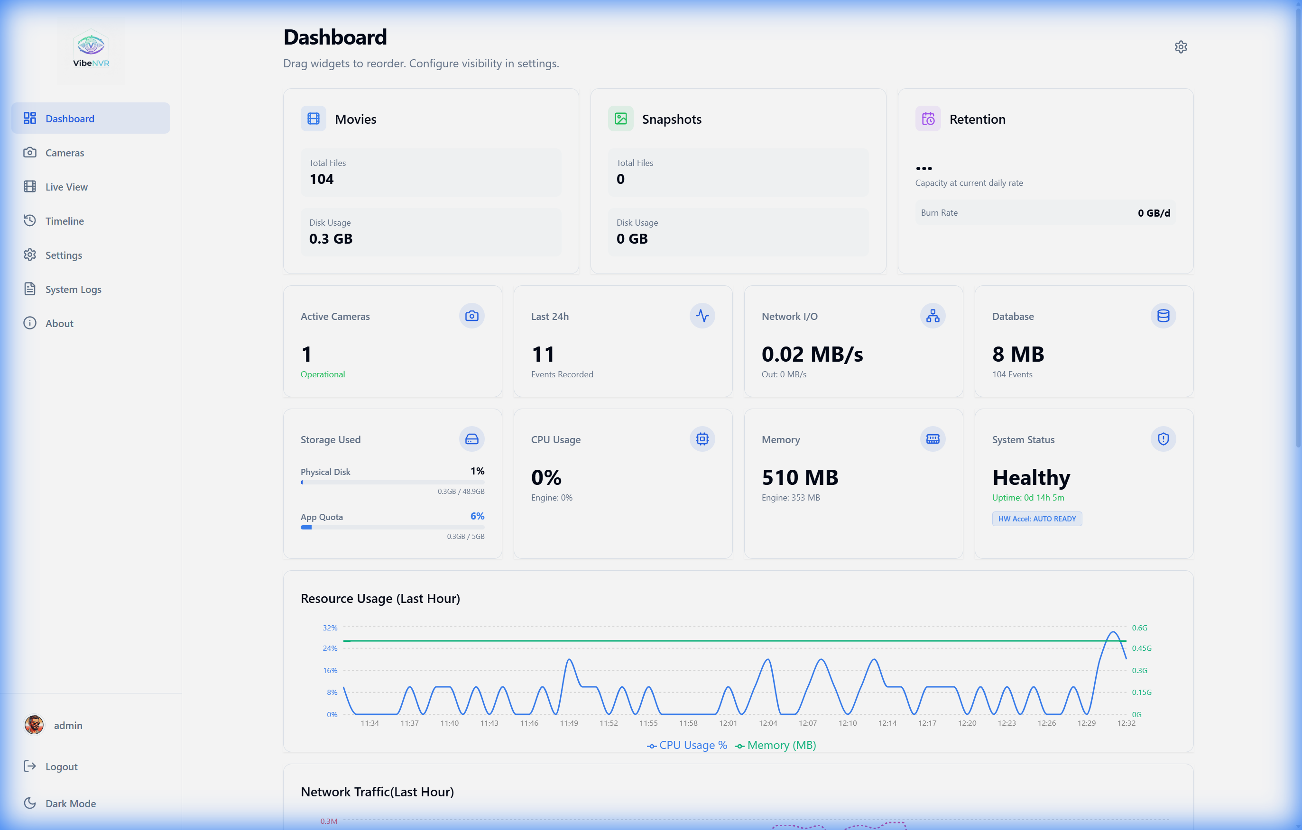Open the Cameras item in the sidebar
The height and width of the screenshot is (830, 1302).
coord(65,153)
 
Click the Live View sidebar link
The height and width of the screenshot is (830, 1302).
coord(66,187)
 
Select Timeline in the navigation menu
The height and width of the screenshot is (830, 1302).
coord(65,221)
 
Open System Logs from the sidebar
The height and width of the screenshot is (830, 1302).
coord(73,289)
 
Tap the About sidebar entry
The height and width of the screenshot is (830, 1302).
coord(59,323)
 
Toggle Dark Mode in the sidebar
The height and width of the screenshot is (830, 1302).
coord(70,803)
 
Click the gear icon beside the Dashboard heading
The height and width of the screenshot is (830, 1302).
coord(1181,47)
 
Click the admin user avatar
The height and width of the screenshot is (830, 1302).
coord(34,725)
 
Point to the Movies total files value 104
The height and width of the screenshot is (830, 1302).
coord(321,179)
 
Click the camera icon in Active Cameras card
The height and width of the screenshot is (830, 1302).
coord(471,316)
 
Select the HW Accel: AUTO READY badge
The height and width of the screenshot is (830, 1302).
coord(1036,519)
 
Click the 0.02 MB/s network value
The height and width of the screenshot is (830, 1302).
coord(812,355)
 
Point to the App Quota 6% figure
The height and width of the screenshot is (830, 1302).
coord(477,516)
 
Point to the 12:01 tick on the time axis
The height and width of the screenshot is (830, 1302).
coord(728,723)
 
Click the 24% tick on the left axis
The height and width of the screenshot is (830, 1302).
coord(330,648)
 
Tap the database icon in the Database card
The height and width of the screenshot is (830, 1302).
coord(1163,316)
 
